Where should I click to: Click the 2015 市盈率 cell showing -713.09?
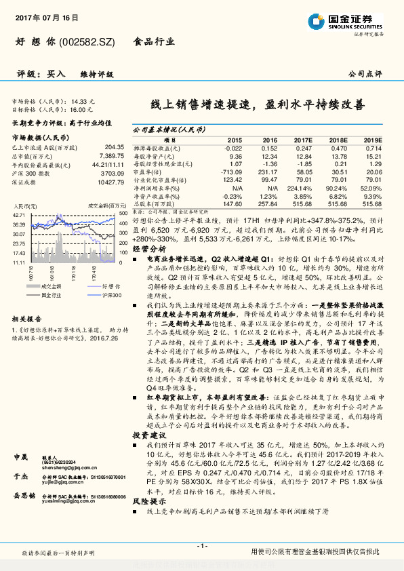[x=230, y=172]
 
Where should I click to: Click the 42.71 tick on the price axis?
[x=18, y=214]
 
